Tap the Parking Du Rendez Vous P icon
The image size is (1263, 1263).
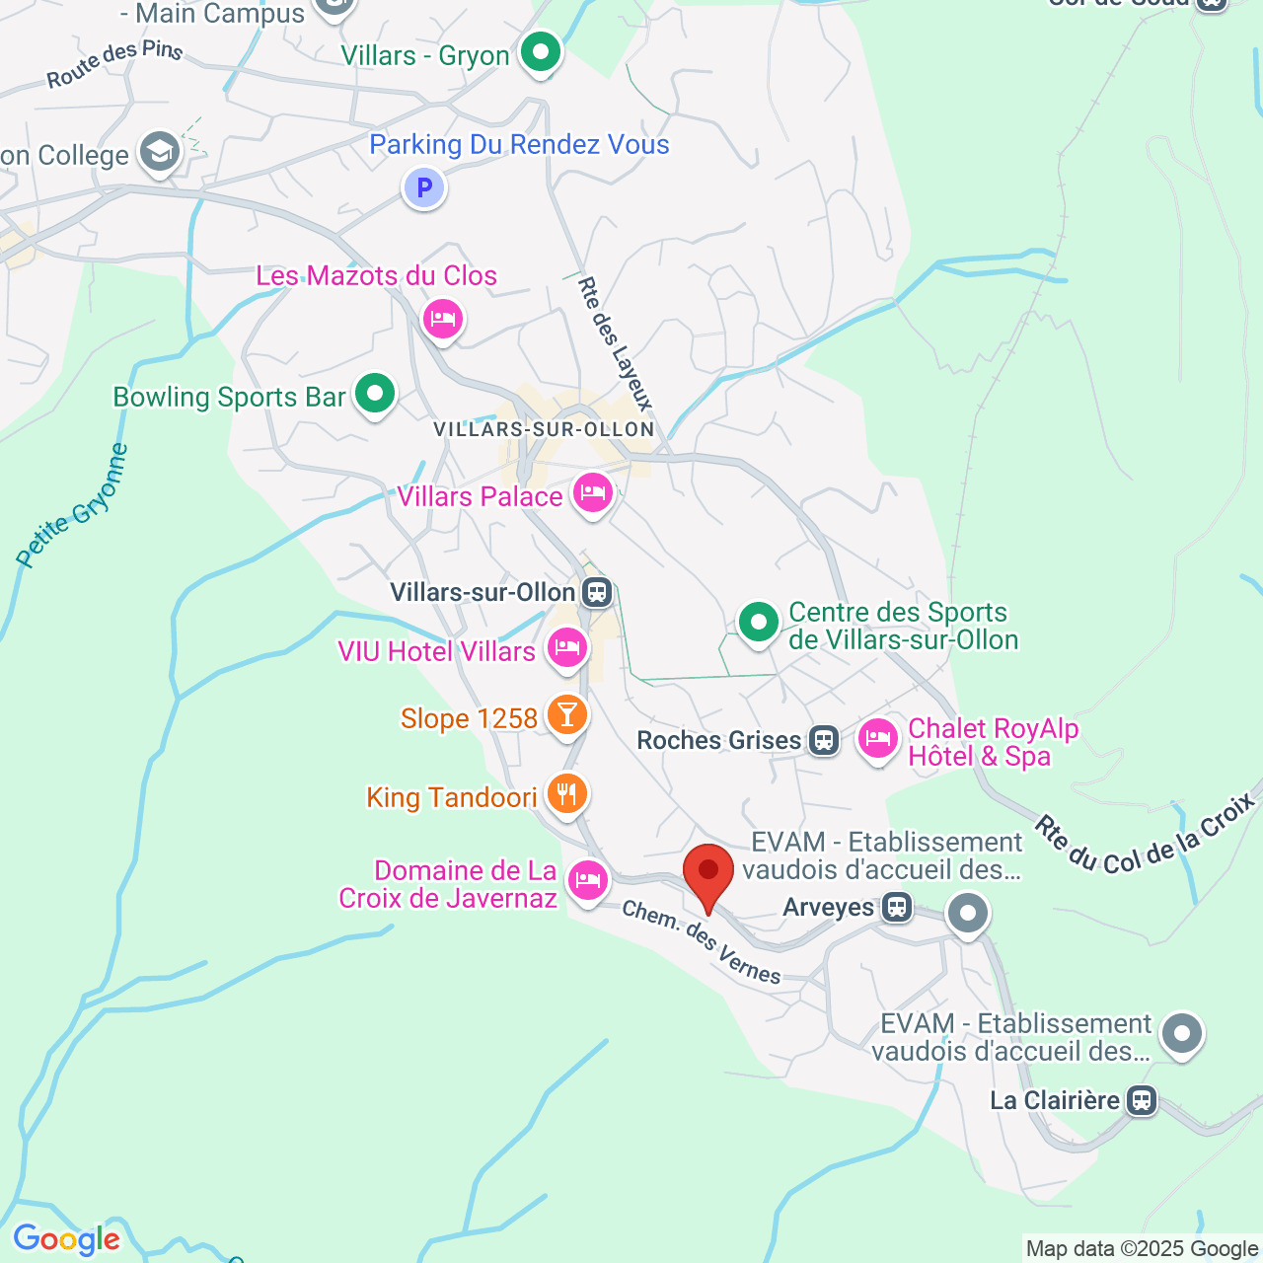(x=424, y=187)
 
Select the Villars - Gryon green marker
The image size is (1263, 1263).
(x=540, y=53)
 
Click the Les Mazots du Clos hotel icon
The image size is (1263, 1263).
(x=443, y=319)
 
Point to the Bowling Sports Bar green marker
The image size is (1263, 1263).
(x=374, y=395)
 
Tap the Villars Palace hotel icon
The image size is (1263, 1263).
(x=592, y=493)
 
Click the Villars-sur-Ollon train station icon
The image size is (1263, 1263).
(x=596, y=592)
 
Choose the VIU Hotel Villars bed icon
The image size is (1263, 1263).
(x=566, y=648)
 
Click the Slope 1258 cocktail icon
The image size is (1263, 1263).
(x=566, y=714)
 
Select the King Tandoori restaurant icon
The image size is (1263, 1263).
(x=566, y=793)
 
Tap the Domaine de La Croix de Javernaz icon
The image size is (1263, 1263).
(x=588, y=879)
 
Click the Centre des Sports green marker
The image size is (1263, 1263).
(x=758, y=623)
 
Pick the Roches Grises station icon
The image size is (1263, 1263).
(x=824, y=740)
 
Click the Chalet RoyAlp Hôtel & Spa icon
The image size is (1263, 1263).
(x=877, y=739)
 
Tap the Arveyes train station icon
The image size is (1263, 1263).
(x=897, y=907)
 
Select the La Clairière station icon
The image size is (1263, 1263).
(x=1142, y=1100)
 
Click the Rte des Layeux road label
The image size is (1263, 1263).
(x=615, y=343)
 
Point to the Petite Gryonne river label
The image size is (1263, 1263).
(x=73, y=506)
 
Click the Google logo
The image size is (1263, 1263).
(x=66, y=1239)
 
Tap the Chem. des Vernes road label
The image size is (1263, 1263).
(x=702, y=942)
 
